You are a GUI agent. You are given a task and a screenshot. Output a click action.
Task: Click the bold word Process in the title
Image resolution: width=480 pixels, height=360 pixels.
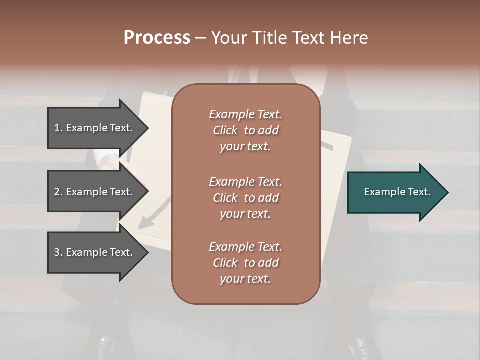(x=157, y=38)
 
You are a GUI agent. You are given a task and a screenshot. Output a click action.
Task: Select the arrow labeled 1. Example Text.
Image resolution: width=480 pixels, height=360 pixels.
(x=95, y=128)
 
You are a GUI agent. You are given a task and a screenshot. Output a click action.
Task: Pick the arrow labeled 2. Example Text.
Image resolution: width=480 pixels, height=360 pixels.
(x=95, y=192)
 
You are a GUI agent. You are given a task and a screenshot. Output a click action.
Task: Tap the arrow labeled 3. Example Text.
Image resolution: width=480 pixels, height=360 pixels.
(x=95, y=252)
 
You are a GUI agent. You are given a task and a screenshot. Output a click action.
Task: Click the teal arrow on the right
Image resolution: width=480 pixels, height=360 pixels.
(x=395, y=192)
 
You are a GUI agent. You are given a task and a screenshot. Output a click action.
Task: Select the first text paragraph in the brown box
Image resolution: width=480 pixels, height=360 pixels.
(x=245, y=130)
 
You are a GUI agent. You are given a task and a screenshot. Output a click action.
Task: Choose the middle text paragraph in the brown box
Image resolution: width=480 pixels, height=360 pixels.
(x=245, y=198)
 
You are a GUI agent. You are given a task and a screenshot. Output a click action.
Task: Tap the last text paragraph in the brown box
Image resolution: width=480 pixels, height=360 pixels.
(x=245, y=263)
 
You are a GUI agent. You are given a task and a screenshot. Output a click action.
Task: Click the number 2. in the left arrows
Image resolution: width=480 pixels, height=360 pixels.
(x=58, y=192)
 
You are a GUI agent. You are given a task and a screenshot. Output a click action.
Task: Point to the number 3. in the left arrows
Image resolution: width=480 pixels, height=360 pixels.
(x=58, y=252)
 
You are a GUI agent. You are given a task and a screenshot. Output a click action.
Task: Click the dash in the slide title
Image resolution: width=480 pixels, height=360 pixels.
(x=201, y=38)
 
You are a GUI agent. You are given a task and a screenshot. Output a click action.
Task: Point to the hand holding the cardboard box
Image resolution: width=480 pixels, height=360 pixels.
(x=110, y=162)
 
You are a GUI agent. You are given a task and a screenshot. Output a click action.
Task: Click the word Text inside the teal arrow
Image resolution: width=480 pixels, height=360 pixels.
(x=419, y=192)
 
